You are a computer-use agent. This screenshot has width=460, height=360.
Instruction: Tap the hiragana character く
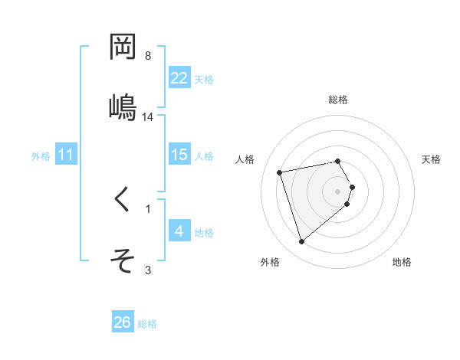[x=123, y=200]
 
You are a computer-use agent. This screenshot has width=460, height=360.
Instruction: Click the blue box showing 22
[x=179, y=78]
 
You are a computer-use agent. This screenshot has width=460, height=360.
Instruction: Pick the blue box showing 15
[x=179, y=155]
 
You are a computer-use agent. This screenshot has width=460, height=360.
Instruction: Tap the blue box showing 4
[x=179, y=231]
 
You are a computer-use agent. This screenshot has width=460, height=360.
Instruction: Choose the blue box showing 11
[x=66, y=155]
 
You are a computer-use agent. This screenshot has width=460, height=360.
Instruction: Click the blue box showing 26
[x=123, y=322]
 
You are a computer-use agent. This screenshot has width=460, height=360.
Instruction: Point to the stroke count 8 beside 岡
[x=147, y=56]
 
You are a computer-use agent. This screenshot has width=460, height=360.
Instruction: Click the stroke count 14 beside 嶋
[x=148, y=117]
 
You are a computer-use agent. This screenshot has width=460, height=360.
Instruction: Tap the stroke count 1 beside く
[x=147, y=208]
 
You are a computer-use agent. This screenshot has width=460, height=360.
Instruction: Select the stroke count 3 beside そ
[x=147, y=269]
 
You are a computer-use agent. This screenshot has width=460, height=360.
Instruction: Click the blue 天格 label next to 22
[x=204, y=79]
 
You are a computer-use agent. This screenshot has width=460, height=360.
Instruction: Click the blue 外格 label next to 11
[x=41, y=156]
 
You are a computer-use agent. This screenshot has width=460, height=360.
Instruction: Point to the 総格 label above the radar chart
[x=338, y=100]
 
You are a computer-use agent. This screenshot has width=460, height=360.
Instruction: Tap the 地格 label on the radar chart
[x=402, y=262]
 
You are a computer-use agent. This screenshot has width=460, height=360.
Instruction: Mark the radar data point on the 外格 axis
[x=301, y=242]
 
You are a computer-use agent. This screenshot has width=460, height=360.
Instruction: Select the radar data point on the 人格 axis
[x=280, y=172]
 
